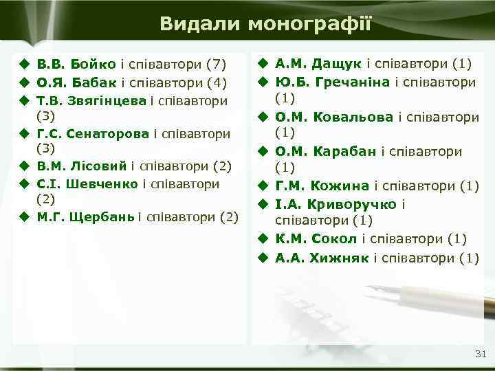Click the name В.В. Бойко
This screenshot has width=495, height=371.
(x=76, y=65)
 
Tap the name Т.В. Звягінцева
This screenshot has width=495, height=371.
(x=91, y=100)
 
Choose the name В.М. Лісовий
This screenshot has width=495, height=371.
(x=82, y=166)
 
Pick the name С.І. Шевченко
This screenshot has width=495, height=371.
(x=88, y=183)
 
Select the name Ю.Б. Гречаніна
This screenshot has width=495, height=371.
(x=333, y=82)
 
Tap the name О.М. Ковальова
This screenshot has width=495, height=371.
(x=335, y=117)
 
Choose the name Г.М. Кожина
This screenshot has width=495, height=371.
(x=322, y=185)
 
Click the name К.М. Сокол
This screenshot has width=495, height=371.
(x=316, y=239)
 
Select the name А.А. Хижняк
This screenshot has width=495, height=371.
(x=322, y=258)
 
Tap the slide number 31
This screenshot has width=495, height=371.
(x=480, y=355)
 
